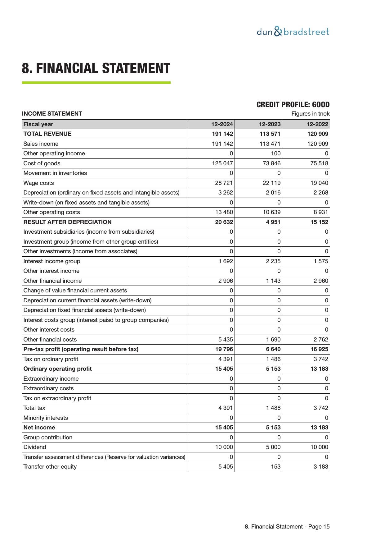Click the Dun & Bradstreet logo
tap(293, 32)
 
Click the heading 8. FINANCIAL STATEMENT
tap(96, 68)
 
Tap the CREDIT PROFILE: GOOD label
tap(293, 105)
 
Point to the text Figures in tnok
tap(310, 114)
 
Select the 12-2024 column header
tap(222, 124)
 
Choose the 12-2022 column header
tap(317, 124)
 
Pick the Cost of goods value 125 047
tap(222, 163)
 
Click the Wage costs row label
tap(38, 183)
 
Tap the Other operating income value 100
tap(275, 153)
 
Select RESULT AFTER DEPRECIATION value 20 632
tap(224, 222)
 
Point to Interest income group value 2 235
tap(273, 261)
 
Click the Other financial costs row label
tap(50, 340)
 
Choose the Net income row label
tap(39, 428)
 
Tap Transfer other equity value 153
tap(275, 467)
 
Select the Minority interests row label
tap(46, 418)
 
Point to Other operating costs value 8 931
tap(320, 212)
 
